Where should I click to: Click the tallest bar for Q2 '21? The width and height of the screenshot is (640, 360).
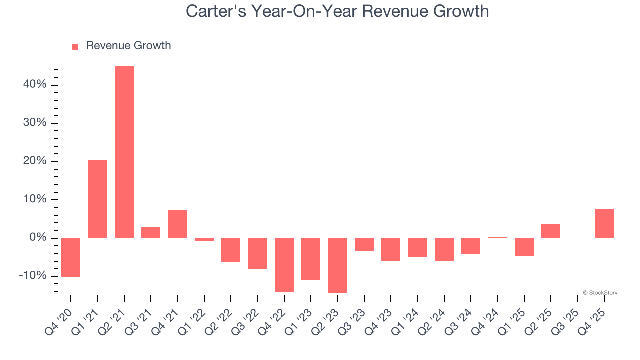point(124,152)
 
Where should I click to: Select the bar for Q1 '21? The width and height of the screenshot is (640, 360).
point(98,199)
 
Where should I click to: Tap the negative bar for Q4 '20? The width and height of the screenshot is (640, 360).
point(71,257)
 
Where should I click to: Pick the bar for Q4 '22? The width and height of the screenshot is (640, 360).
point(284,265)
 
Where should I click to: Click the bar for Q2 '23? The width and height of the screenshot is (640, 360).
point(338,265)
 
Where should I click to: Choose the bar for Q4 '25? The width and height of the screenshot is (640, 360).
point(604,223)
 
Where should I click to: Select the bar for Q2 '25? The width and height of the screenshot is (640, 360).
point(551,231)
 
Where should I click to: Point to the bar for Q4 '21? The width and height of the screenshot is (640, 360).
point(178,224)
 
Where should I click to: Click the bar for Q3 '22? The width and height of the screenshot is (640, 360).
point(258,254)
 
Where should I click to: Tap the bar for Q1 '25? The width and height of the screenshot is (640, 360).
point(524,247)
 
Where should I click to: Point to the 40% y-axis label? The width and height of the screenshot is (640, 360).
point(35,85)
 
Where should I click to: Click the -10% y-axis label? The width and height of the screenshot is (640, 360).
point(33,276)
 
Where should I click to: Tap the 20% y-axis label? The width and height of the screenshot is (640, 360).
point(35,161)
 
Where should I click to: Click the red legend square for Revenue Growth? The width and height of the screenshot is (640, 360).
point(75,47)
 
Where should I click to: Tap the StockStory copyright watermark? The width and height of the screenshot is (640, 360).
point(600,293)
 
